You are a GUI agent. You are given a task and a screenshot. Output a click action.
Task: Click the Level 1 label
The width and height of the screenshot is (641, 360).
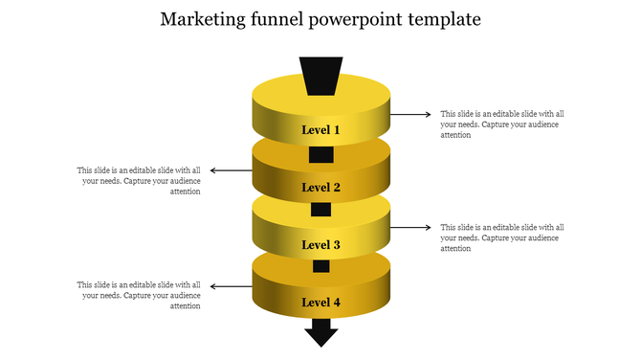point(321,129)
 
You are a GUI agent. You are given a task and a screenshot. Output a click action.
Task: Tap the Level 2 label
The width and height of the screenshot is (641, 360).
point(321,188)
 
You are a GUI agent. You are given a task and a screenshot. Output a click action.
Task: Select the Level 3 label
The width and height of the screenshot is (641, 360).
point(321,245)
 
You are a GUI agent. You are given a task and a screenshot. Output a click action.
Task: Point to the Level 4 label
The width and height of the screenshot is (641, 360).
point(321,303)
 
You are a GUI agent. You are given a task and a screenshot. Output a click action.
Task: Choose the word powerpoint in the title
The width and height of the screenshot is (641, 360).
point(361,20)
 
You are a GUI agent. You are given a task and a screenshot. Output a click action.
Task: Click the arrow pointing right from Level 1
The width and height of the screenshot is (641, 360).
point(412,114)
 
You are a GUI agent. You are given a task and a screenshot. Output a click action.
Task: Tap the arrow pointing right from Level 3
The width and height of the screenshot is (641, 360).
point(412,227)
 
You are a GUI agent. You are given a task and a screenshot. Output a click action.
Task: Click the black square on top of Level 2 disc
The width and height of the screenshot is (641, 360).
point(321,154)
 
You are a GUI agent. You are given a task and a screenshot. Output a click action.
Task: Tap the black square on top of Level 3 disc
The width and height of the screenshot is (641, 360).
point(321,210)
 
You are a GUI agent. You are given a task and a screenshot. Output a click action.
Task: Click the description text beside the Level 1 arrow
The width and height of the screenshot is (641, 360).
point(502,124)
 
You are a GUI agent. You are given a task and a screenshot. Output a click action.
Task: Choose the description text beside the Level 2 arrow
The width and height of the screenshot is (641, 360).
point(140,181)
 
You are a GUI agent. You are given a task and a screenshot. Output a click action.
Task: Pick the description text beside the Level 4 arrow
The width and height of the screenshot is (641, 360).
point(140,296)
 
